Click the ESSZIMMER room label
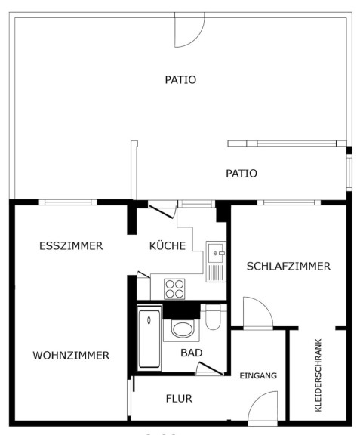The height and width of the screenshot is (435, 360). (x=71, y=245)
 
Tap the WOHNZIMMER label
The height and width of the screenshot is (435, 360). (x=71, y=356)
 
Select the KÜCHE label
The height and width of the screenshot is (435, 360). (x=168, y=245)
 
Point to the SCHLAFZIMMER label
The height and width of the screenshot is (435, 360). (x=288, y=266)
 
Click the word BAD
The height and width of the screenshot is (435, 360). (x=192, y=353)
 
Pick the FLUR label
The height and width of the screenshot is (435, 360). (x=179, y=399)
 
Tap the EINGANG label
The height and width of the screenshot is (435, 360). (x=258, y=375)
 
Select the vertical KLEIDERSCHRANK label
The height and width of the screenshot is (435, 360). (x=318, y=375)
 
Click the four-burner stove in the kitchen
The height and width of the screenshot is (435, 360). (x=174, y=288)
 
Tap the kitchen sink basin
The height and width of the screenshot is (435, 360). (x=215, y=253)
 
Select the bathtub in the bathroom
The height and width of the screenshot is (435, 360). (x=149, y=339)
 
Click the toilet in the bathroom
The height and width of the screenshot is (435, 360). (x=213, y=317)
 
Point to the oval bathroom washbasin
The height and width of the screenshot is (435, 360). (x=182, y=329)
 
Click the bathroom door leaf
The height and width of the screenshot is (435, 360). (x=211, y=369)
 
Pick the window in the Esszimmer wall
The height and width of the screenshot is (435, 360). (x=68, y=202)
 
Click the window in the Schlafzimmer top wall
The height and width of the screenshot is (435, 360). (x=289, y=202)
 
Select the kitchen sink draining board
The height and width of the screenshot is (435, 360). (x=216, y=273)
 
